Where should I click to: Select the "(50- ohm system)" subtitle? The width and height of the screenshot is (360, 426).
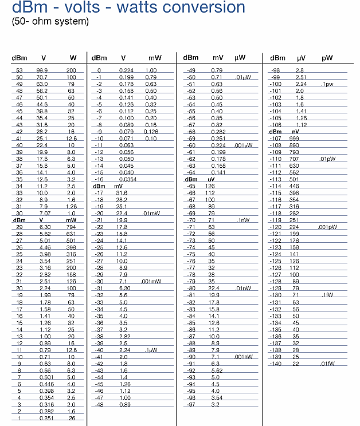point(50,22)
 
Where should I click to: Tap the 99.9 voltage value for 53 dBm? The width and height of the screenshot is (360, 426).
point(42,70)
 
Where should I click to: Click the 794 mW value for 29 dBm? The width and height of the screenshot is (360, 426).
point(71,227)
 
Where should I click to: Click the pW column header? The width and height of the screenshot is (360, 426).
point(327,58)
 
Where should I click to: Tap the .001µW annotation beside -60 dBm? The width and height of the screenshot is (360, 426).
point(243,145)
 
